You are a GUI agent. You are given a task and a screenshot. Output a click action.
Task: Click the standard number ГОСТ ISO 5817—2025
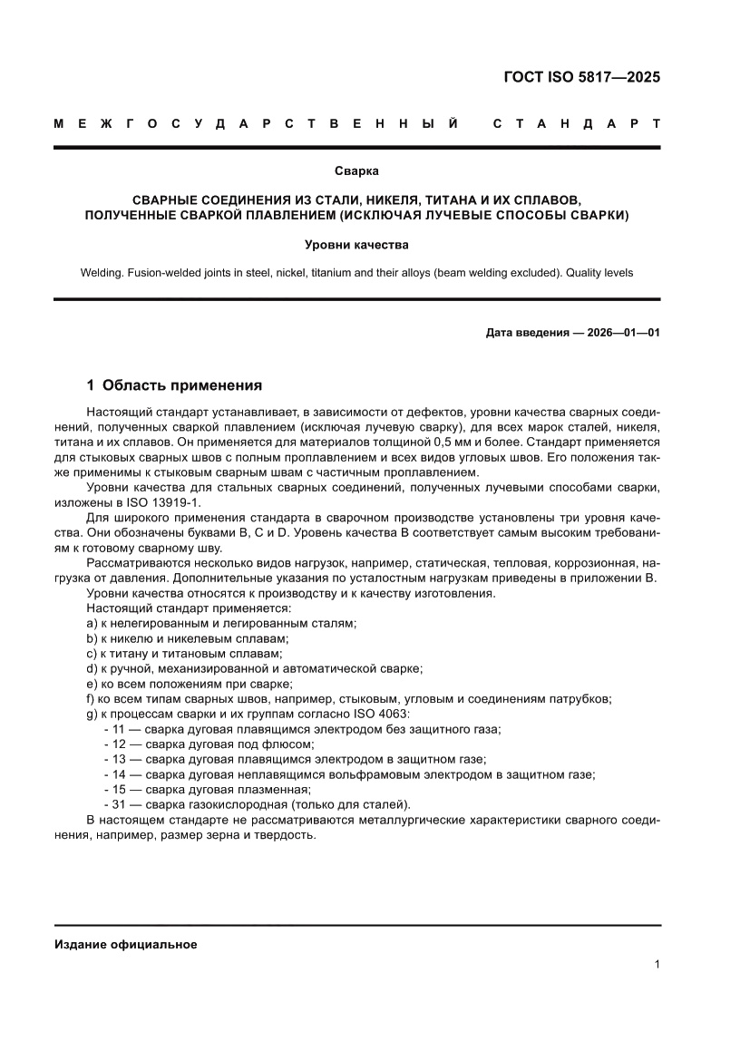581,77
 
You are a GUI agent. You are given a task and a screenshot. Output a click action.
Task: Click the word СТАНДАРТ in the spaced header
575,123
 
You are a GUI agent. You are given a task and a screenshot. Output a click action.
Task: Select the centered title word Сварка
356,170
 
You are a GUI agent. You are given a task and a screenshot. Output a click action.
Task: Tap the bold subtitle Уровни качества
356,245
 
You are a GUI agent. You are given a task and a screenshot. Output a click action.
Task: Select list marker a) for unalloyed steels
92,623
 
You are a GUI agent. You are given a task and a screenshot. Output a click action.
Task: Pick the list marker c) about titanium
92,653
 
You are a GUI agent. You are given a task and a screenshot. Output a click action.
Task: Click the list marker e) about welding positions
92,683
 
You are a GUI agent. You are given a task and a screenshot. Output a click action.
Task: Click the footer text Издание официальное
126,944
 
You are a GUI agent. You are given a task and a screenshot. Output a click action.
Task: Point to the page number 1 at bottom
656,965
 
